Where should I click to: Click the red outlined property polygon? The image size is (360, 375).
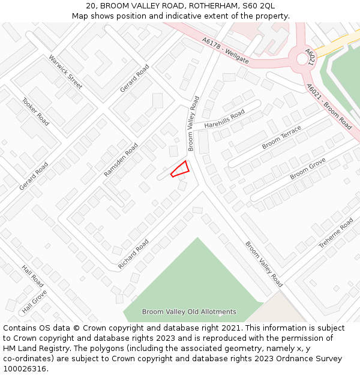coord(181,169)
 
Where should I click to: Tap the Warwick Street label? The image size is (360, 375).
coord(65,72)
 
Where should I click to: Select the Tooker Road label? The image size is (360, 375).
coord(35,111)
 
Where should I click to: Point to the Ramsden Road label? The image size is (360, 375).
coord(121,159)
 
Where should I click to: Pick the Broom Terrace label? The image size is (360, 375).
coord(281,139)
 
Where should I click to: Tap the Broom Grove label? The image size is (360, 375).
coord(308,169)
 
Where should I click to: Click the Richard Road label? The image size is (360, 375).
coord(133,254)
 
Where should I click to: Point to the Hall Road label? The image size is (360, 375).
coord(33,276)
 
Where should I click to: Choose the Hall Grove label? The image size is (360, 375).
coord(34,302)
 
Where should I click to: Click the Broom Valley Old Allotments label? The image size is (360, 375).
coord(189,312)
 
